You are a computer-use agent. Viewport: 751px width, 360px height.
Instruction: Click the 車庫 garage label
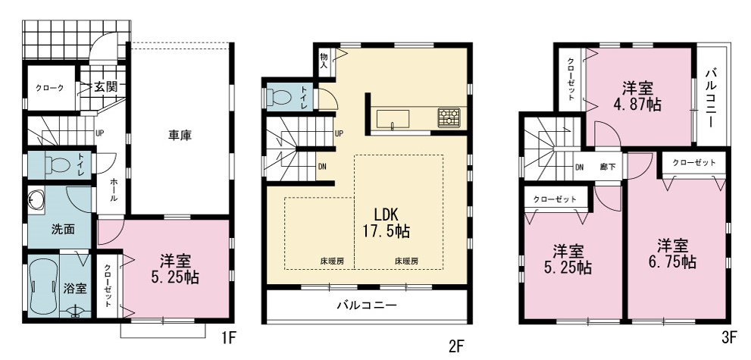click(x=180, y=136)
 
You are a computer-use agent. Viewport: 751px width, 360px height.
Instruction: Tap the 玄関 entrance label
click(x=105, y=87)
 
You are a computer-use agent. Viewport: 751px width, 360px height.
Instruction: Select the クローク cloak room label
click(x=49, y=88)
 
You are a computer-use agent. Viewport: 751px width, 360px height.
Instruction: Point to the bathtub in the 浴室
click(x=43, y=286)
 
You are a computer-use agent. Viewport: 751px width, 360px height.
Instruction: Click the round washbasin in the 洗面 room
click(x=36, y=199)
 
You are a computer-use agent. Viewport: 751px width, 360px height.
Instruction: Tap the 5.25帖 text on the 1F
click(x=175, y=277)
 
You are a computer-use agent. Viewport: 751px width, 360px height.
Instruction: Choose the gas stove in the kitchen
click(x=449, y=117)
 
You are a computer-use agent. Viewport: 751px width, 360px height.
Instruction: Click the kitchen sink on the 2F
click(x=393, y=119)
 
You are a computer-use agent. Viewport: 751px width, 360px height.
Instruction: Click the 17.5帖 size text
click(x=385, y=232)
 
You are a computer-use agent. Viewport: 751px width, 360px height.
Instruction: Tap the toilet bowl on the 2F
click(x=281, y=98)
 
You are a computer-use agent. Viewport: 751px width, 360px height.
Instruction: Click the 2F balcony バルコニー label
click(x=367, y=305)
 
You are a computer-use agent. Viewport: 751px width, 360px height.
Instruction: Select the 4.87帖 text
click(x=638, y=105)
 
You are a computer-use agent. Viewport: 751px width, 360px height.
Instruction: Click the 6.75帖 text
click(x=672, y=262)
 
